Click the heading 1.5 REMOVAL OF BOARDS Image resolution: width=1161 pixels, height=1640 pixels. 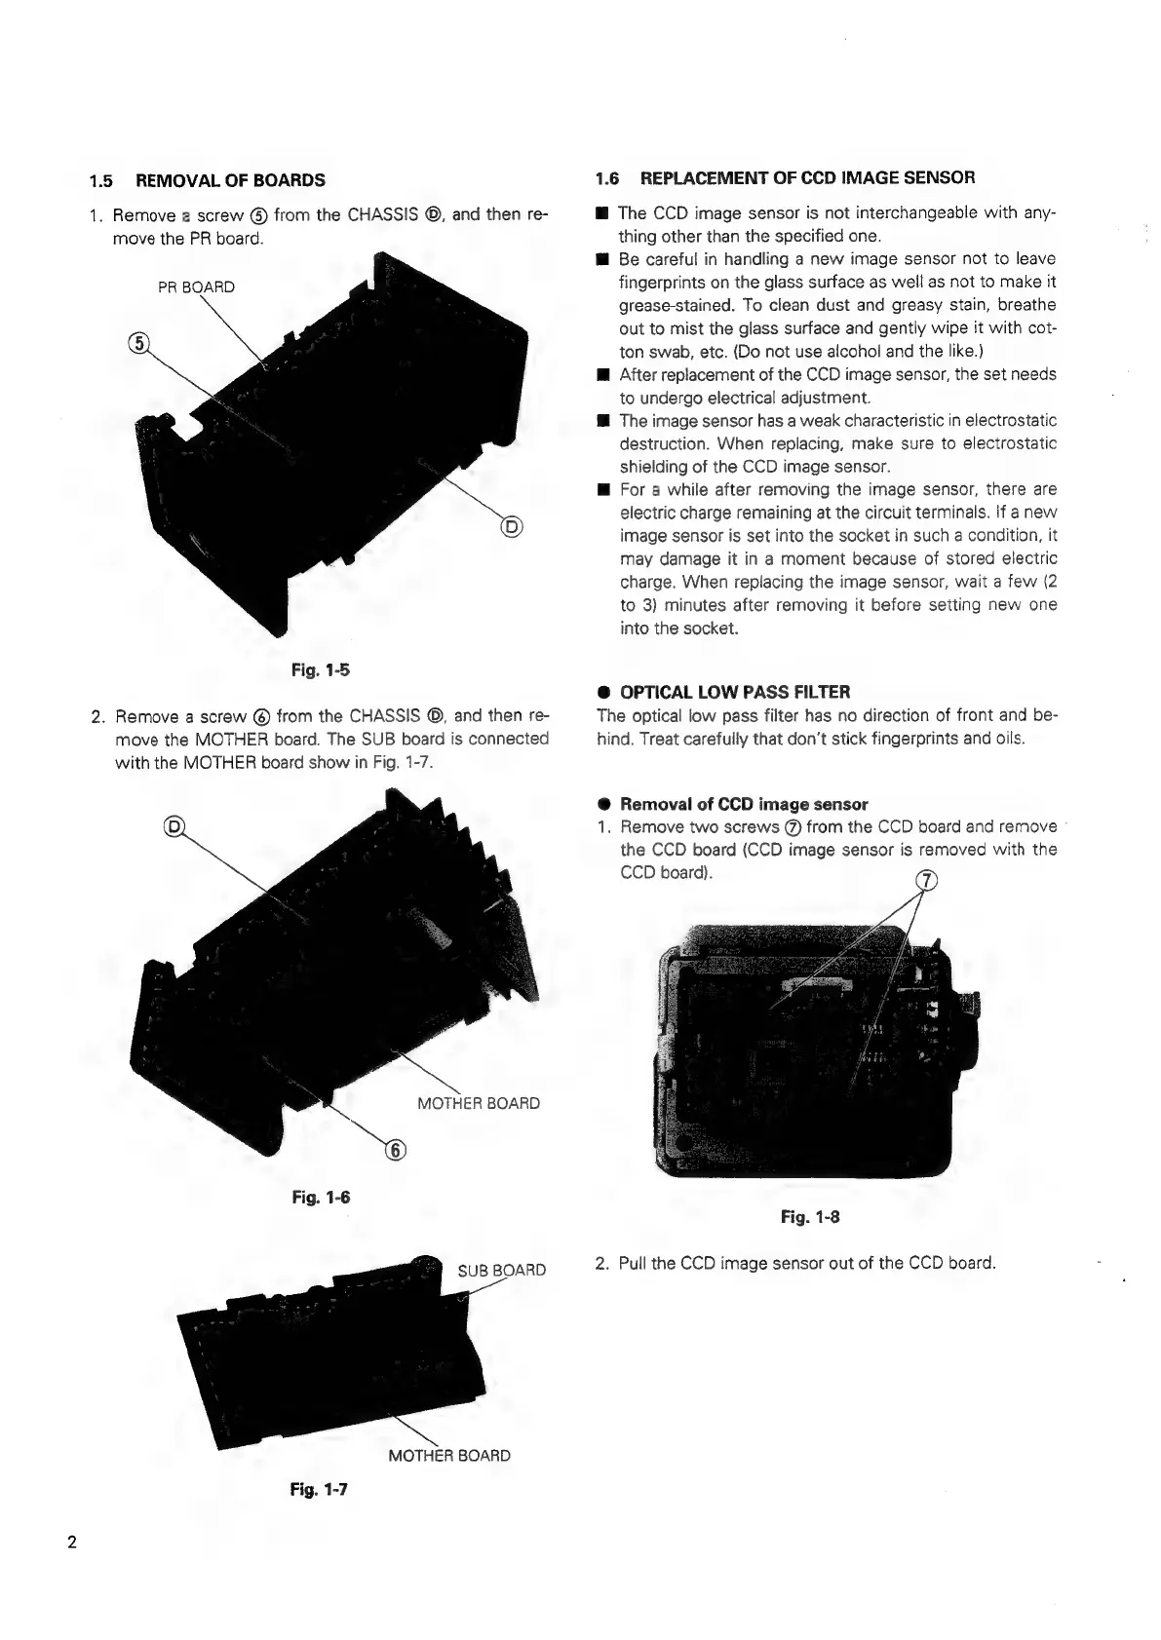point(207,180)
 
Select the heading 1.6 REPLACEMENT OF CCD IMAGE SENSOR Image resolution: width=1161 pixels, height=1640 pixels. point(785,177)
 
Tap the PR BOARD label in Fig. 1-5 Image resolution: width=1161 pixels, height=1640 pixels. point(196,286)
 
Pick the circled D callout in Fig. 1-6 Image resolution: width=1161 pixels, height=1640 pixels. point(175,827)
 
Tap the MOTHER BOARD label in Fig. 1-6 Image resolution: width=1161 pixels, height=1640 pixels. point(478,1103)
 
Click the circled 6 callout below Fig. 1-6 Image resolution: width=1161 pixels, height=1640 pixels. point(396,1150)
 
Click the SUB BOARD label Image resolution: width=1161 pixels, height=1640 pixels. point(501,1270)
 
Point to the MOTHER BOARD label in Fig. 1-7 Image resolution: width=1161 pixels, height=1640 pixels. point(448,1455)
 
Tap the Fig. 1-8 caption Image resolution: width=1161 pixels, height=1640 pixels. point(810,1216)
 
